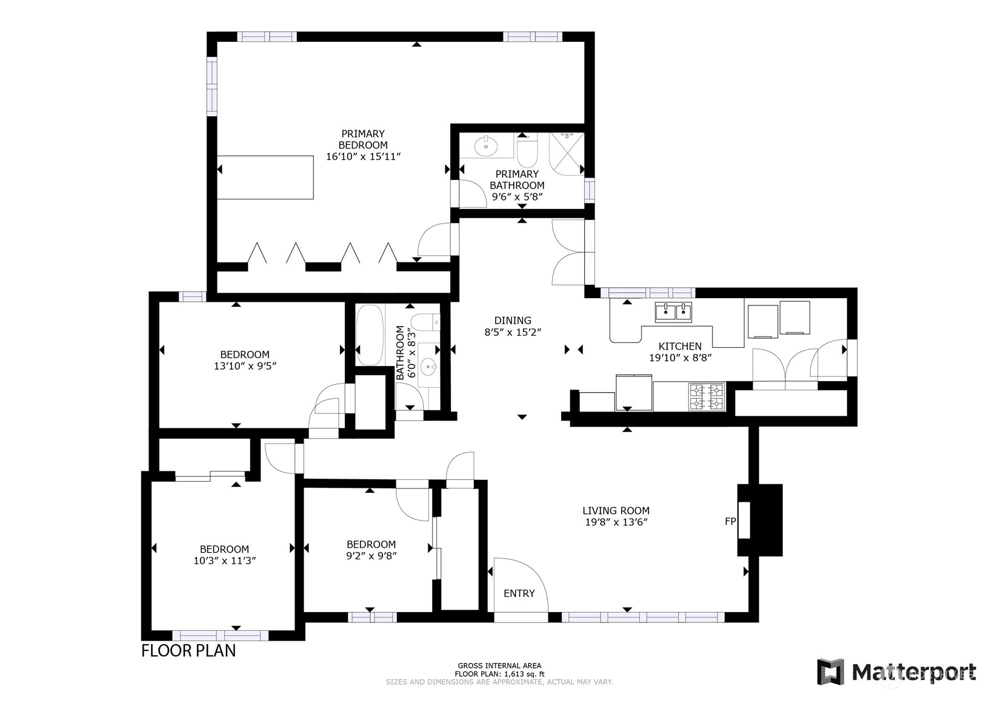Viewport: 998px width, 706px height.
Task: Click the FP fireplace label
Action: (x=730, y=521)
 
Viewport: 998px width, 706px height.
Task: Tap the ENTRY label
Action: (x=519, y=593)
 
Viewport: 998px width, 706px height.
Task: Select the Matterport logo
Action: (x=897, y=672)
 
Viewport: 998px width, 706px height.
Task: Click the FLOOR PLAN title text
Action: (x=188, y=651)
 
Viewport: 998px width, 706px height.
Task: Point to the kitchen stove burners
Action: (x=707, y=397)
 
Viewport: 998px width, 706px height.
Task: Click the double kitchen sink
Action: (x=673, y=312)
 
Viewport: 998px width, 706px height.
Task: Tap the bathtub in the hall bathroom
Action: (x=370, y=335)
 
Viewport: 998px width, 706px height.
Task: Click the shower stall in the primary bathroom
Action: (x=566, y=153)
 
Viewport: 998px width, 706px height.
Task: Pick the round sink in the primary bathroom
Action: (x=485, y=146)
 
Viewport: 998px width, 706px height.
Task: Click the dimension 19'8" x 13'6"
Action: (x=616, y=522)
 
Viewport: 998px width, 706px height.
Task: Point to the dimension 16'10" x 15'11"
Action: (x=364, y=156)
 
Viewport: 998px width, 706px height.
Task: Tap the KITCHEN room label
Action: (x=680, y=346)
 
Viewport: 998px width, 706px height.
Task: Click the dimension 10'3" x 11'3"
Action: (x=225, y=561)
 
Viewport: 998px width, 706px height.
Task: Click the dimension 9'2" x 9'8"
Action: (x=371, y=556)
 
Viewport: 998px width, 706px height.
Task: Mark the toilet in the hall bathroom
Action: (x=425, y=322)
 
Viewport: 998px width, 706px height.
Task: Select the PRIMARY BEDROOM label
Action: (x=363, y=139)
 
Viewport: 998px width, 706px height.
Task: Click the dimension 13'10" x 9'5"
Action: (x=245, y=366)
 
